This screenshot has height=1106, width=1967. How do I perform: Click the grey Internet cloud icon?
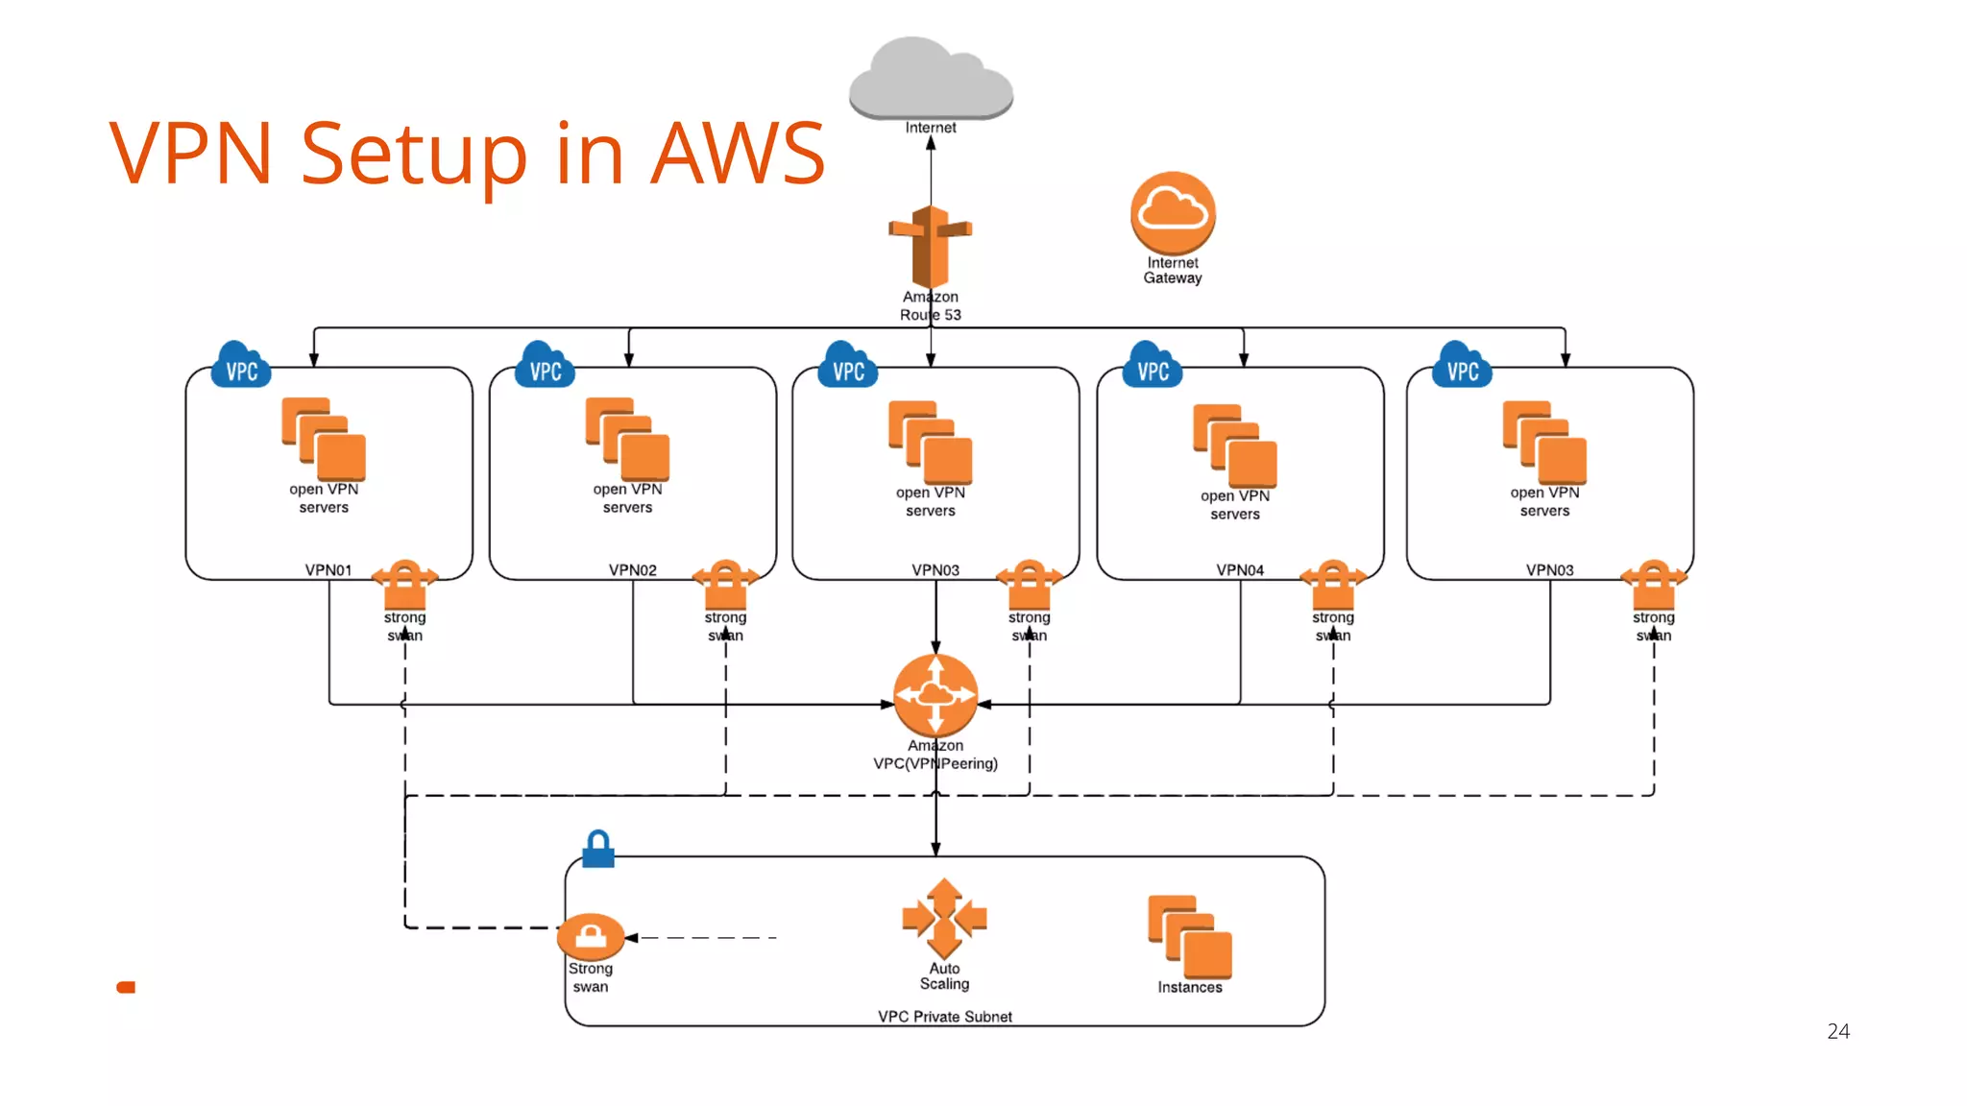[931, 79]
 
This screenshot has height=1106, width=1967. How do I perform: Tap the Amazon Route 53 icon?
[930, 246]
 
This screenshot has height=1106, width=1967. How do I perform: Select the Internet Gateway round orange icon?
[1173, 213]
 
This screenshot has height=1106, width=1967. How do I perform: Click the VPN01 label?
[328, 569]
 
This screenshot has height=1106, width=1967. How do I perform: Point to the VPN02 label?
[632, 569]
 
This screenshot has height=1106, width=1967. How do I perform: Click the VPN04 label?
[1240, 569]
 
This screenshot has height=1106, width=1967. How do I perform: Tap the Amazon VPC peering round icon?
[935, 695]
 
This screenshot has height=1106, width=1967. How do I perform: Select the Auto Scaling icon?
[944, 918]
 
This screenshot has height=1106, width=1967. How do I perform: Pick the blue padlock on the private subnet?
[598, 849]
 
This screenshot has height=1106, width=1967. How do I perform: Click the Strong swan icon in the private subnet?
[591, 936]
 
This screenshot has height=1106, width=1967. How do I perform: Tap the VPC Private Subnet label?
[944, 1016]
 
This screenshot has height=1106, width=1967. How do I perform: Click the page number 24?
[1837, 1031]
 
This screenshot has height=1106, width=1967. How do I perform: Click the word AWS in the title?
[738, 153]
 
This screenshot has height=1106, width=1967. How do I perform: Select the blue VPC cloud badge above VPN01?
[241, 366]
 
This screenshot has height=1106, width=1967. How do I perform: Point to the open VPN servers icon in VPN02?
[627, 440]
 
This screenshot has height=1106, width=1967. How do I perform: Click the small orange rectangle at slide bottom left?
[126, 987]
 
